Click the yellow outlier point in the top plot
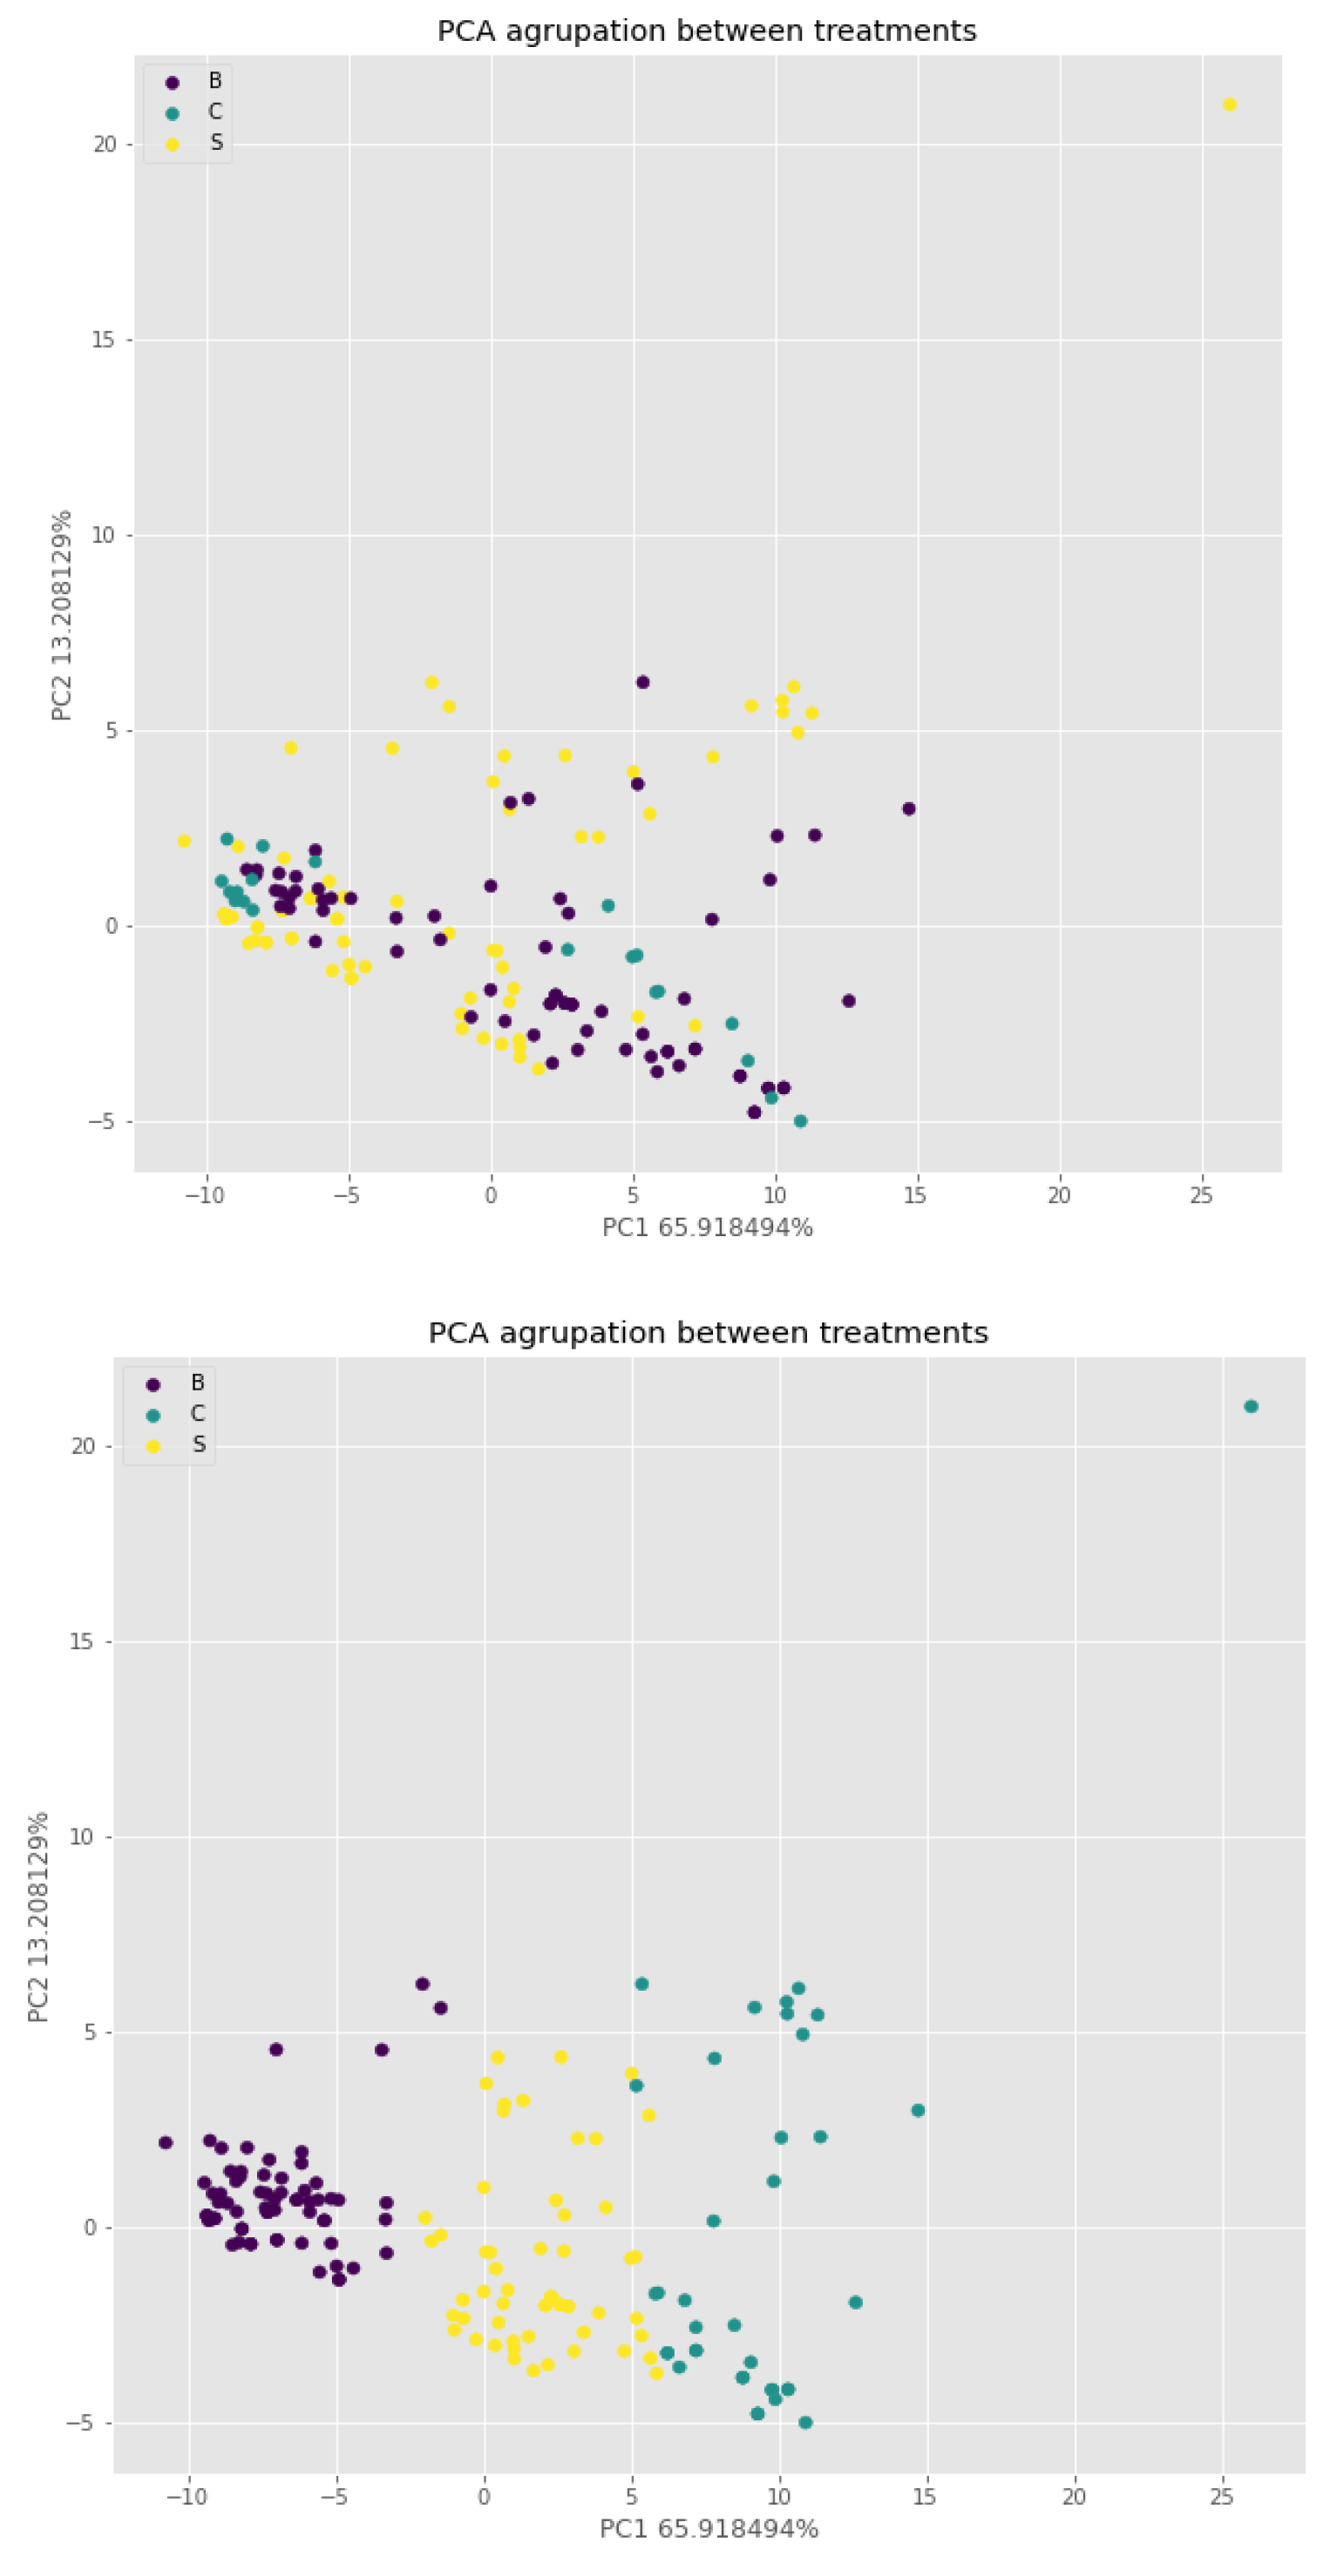coord(1229,105)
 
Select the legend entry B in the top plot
coord(214,81)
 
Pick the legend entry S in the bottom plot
coord(199,1444)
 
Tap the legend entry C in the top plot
coord(214,112)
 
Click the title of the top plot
coord(707,31)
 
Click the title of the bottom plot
coord(709,1333)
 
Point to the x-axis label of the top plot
coord(708,1228)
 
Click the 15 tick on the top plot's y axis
coord(104,341)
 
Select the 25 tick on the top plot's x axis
coord(1201,1195)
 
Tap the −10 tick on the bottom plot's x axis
coord(187,2497)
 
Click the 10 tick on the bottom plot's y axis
coord(81,1837)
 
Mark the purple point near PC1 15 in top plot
coord(909,809)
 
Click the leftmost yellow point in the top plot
coord(184,841)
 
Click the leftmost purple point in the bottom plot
coord(166,2143)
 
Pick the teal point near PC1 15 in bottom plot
coord(918,2111)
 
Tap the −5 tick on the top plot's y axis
coord(102,1121)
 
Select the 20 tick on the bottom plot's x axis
coord(1074,2497)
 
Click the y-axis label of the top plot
coord(62,616)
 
